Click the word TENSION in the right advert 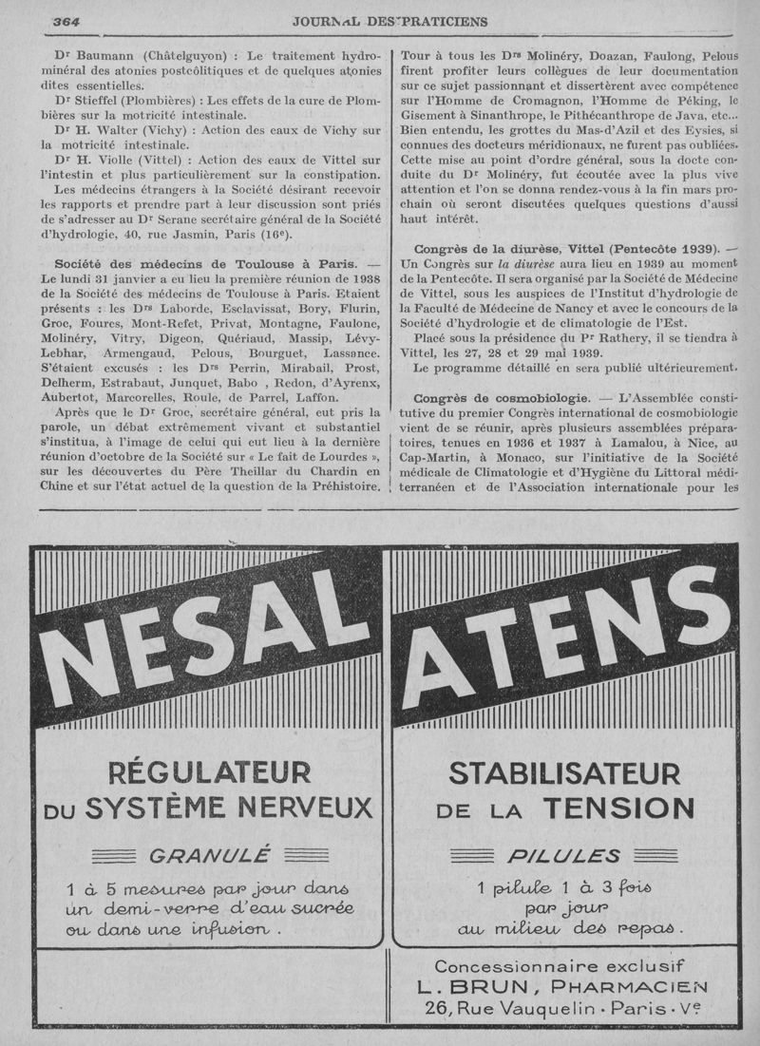618,808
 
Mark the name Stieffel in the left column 107,98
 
